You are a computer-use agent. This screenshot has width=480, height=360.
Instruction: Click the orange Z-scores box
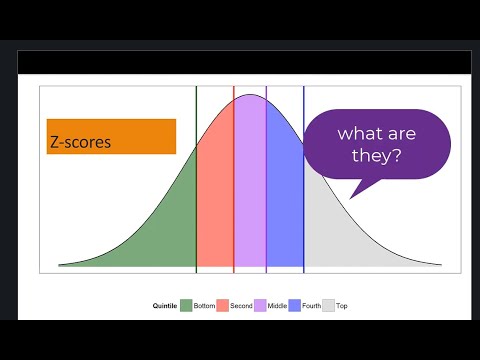coord(111,137)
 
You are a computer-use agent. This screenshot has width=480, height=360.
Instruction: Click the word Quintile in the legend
coord(165,305)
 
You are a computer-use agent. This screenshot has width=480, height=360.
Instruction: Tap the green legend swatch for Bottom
coord(186,305)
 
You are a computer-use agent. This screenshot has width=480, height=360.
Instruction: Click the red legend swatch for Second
coord(223,305)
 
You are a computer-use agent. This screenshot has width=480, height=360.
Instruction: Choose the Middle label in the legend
coord(276,305)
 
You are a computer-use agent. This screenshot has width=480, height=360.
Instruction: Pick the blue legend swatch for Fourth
coord(295,305)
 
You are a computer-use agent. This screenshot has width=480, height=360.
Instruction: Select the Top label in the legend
coord(342,305)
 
